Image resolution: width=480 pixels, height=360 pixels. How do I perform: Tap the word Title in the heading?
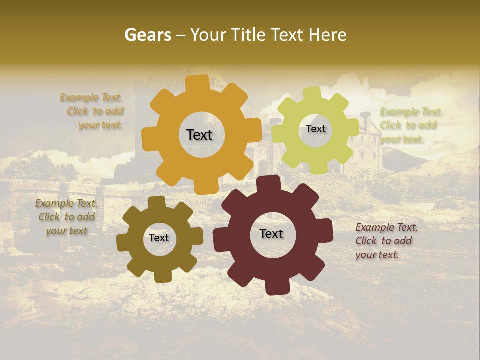point(248,35)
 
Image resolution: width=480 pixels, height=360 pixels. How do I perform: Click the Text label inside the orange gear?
point(199,135)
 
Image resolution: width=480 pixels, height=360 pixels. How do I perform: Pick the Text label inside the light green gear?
point(315,129)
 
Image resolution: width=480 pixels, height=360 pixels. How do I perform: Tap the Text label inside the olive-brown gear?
point(159,238)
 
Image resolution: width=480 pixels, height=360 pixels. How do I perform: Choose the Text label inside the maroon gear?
point(271,234)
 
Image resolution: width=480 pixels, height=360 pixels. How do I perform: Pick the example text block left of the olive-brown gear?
point(66,217)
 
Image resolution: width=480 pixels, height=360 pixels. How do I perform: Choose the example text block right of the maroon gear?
point(385,241)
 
